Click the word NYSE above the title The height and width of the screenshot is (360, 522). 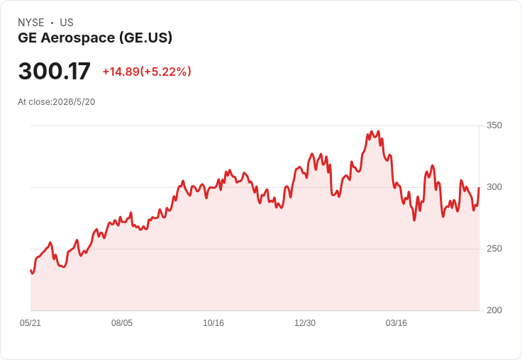coord(31,23)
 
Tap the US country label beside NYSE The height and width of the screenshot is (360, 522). coord(67,23)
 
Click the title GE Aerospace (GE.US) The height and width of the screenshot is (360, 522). coord(95,38)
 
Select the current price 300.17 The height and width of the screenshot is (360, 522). coord(55,71)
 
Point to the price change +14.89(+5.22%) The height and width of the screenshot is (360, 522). coord(147,72)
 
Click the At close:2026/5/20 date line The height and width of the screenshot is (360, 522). coord(57,102)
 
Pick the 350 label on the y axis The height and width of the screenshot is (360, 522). coord(494,125)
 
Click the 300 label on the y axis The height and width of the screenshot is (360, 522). coord(494,187)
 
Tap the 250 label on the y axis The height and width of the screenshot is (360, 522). coord(494,249)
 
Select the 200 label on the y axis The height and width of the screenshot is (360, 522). coord(494,310)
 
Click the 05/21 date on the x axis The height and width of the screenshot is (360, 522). coord(30,323)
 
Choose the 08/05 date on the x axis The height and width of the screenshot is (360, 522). coord(122,323)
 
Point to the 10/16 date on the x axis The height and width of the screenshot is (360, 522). coord(213,323)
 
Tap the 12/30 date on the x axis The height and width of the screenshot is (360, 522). coord(305,323)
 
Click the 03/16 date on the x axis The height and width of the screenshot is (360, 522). coord(396,323)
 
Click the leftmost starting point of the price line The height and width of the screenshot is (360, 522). coord(30,271)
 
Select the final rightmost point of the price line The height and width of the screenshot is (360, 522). coord(479,188)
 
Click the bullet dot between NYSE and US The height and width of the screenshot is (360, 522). coord(52,23)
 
